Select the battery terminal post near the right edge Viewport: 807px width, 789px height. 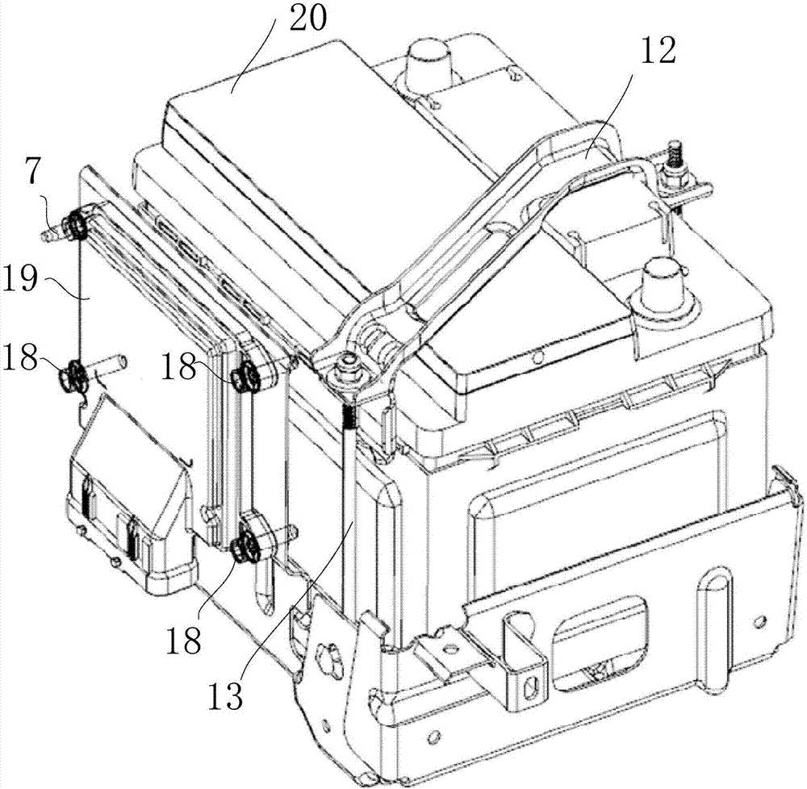point(664,288)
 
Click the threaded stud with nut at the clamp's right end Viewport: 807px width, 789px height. point(674,165)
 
